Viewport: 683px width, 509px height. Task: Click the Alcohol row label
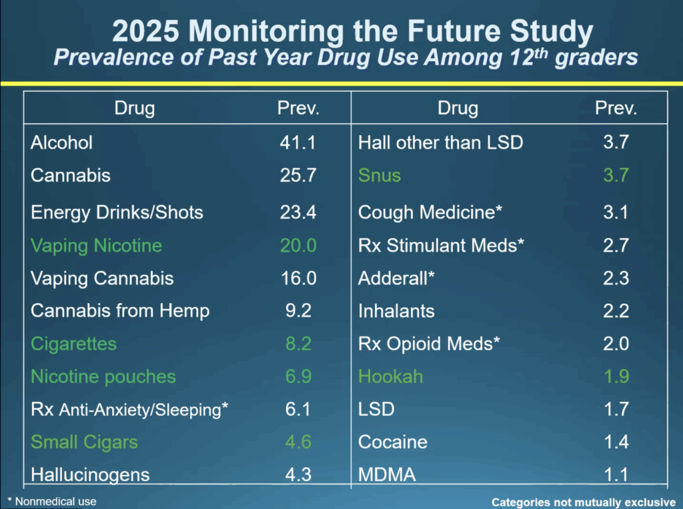[62, 143]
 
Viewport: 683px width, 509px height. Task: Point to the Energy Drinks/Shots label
[117, 213]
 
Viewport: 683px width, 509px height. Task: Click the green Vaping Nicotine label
[96, 246]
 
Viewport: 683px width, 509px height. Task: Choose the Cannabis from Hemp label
[120, 311]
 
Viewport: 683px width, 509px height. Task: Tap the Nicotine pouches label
[103, 377]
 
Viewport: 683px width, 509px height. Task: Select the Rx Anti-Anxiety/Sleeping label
[129, 410]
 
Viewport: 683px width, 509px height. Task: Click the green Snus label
[380, 176]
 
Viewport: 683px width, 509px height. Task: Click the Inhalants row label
[396, 311]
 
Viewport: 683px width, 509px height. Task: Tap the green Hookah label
[391, 377]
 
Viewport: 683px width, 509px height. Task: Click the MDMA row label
[387, 475]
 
